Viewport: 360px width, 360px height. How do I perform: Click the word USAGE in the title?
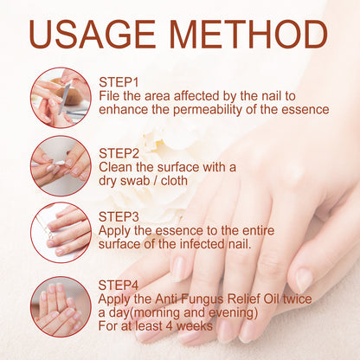[93, 35]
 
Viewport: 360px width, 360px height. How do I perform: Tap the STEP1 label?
[119, 82]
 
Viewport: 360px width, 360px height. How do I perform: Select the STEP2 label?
[119, 153]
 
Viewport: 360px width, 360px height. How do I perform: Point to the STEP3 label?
[119, 217]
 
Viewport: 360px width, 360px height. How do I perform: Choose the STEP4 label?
[119, 286]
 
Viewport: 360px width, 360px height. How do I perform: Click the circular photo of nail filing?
[61, 98]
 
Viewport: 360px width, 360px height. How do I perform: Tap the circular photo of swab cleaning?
[61, 166]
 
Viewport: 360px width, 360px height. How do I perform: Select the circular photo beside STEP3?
[61, 233]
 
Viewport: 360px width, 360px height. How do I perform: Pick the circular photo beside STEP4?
[61, 306]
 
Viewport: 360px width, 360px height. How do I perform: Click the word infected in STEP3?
[201, 244]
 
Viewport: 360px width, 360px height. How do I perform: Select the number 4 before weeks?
[170, 326]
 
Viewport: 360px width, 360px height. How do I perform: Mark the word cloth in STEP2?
[174, 181]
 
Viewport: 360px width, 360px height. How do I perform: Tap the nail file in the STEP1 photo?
[65, 98]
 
